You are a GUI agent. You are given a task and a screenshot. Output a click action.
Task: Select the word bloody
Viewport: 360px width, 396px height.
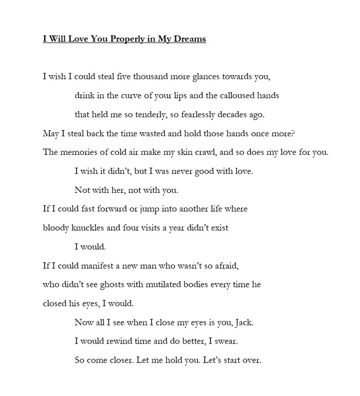[56, 227]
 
